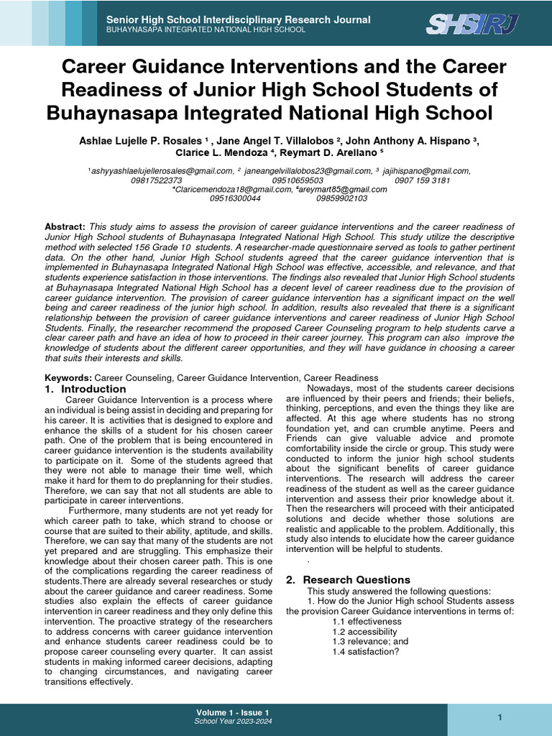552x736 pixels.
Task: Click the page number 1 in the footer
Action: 499,718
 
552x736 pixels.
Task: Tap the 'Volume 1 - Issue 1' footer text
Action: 232,712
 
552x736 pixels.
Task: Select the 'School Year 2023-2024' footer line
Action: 232,722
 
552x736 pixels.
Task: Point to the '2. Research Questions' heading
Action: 348,579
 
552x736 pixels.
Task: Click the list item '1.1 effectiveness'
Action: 367,622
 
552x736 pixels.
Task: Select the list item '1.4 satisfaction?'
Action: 365,652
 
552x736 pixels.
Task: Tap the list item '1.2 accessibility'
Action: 365,632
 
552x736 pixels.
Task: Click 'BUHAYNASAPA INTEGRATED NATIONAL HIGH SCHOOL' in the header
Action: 206,29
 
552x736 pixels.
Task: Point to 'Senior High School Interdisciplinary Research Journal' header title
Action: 239,19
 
